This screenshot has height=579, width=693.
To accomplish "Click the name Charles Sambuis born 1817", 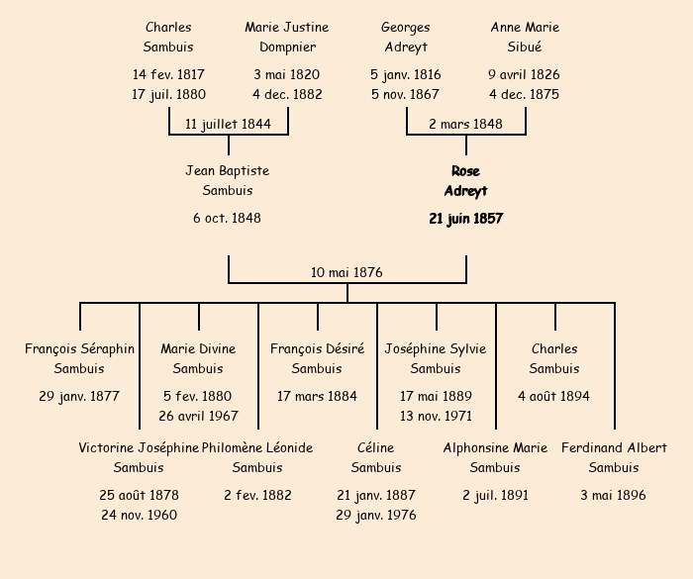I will point(168,37).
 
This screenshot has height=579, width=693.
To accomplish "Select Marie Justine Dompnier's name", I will point(287,37).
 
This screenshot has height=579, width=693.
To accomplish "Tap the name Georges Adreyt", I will point(406,37).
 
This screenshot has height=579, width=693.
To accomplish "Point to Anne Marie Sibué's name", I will point(525,37).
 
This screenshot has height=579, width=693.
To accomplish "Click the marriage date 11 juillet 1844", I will point(228,124).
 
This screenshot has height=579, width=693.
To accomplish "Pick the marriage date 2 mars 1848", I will point(465,124).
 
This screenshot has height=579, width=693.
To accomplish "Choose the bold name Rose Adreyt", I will point(465,181).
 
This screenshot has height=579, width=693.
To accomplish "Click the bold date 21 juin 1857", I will point(465,219).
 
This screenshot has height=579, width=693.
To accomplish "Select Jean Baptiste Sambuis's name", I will point(228,180).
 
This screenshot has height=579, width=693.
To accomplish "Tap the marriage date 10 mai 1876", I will point(346,272).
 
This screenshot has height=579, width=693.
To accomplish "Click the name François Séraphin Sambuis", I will point(79,358).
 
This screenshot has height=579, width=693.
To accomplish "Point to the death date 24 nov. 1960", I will point(139,515).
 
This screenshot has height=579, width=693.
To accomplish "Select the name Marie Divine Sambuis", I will point(198,358).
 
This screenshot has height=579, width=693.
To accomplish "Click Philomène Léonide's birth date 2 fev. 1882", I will point(257,495).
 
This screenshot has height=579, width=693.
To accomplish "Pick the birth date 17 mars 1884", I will point(317,396).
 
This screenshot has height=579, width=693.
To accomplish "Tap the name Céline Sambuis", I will point(376,457).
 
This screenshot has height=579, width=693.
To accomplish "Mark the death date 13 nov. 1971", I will point(436,416).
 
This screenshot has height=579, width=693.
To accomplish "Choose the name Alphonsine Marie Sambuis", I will point(495,457).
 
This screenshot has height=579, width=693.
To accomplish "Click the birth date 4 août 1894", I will point(554,396).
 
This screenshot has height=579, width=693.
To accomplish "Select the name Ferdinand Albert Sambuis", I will point(614,457).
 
